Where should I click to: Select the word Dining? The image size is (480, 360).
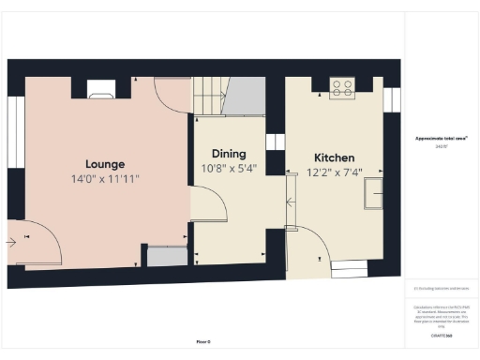(x=228, y=154)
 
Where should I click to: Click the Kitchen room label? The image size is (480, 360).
(x=333, y=157)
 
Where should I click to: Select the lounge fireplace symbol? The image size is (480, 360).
(x=100, y=89)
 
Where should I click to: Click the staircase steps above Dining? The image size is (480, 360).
(x=205, y=96)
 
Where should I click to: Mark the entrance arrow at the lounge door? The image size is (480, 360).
(x=12, y=242)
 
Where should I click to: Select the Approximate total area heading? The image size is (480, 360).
(x=441, y=139)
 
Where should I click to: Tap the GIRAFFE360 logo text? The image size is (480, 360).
(x=441, y=335)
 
